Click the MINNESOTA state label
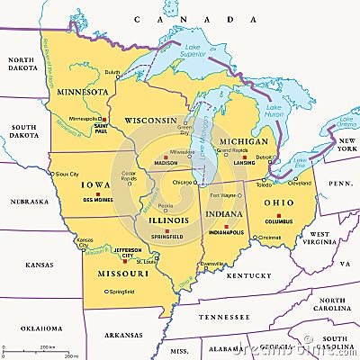(x=80, y=90)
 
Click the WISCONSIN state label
(x=150, y=120)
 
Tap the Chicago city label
(x=184, y=182)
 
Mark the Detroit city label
(x=264, y=157)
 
